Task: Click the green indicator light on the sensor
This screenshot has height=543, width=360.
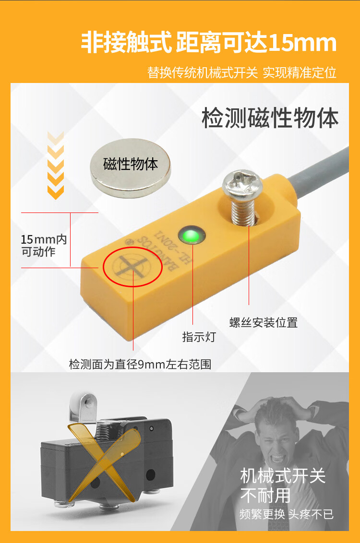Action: [191, 236]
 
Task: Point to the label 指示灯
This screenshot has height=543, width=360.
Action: [199, 337]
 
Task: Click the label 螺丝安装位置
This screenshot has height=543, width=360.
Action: [264, 322]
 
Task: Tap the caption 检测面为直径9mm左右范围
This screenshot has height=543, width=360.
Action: [140, 364]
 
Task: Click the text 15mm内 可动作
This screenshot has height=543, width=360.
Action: [44, 246]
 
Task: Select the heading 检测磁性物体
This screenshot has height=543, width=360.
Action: [270, 118]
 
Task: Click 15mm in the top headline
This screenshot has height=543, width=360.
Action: [302, 43]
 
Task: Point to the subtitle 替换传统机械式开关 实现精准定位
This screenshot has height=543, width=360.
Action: [242, 73]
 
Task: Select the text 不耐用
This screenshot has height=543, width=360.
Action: [265, 495]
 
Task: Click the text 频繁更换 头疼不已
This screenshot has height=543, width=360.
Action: [286, 514]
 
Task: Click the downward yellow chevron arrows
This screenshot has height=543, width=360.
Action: [55, 166]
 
